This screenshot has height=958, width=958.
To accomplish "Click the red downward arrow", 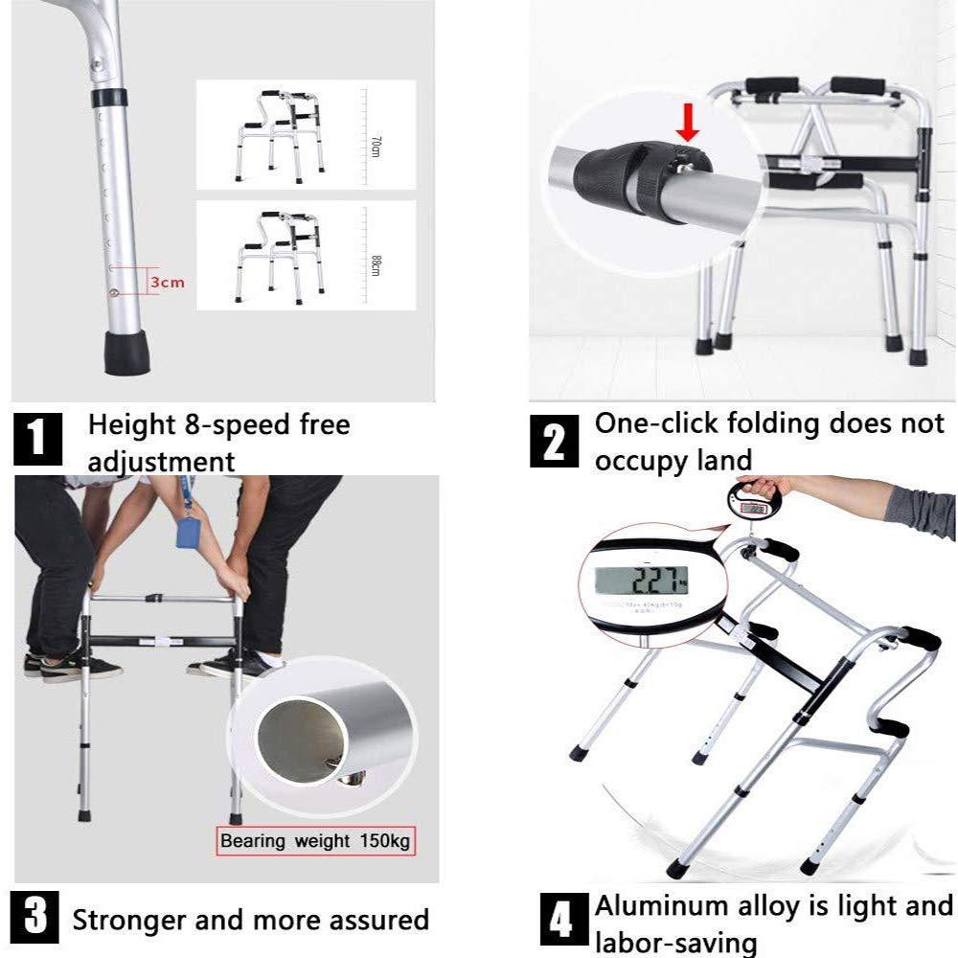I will [x=687, y=123].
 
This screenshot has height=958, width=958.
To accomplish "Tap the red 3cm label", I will [x=167, y=283].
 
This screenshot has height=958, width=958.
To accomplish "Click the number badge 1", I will [x=37, y=440].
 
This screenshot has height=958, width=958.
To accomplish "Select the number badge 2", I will [x=554, y=441].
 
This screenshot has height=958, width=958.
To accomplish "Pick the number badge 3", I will [x=35, y=917].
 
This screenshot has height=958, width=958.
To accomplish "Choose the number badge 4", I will [x=560, y=921].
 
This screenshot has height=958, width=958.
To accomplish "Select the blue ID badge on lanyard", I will [x=192, y=531].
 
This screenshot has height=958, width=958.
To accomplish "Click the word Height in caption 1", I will [x=132, y=424].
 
